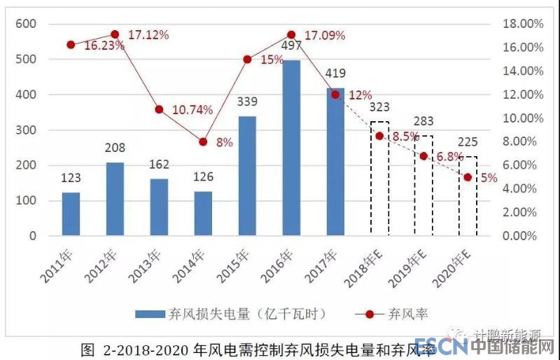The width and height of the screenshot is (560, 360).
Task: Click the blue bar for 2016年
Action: coord(291,148)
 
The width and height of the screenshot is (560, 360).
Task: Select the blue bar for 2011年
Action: coord(71,214)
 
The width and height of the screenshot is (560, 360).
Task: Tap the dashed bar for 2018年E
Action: coord(379,178)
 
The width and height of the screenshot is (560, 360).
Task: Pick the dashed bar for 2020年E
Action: coord(468,195)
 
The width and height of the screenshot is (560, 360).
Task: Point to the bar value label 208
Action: coord(115,148)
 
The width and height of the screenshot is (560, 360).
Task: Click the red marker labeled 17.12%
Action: coord(115,34)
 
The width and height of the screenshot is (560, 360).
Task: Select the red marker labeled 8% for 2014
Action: coord(203,141)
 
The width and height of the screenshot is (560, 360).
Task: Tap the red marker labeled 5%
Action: coord(468,177)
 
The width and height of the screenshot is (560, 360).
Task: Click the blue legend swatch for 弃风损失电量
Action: coord(150,313)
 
